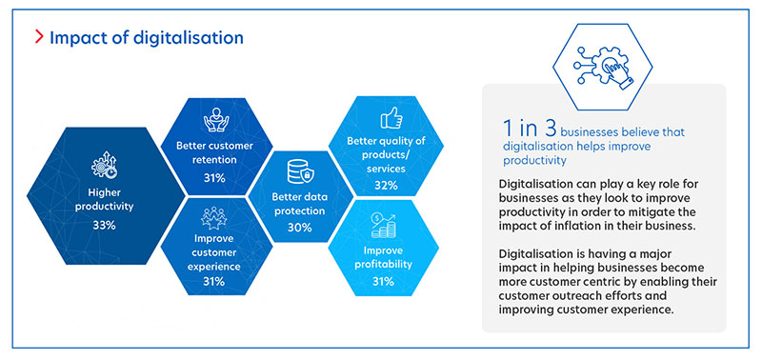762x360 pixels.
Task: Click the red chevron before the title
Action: coord(37,38)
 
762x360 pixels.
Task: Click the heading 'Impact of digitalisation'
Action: coord(146,38)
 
